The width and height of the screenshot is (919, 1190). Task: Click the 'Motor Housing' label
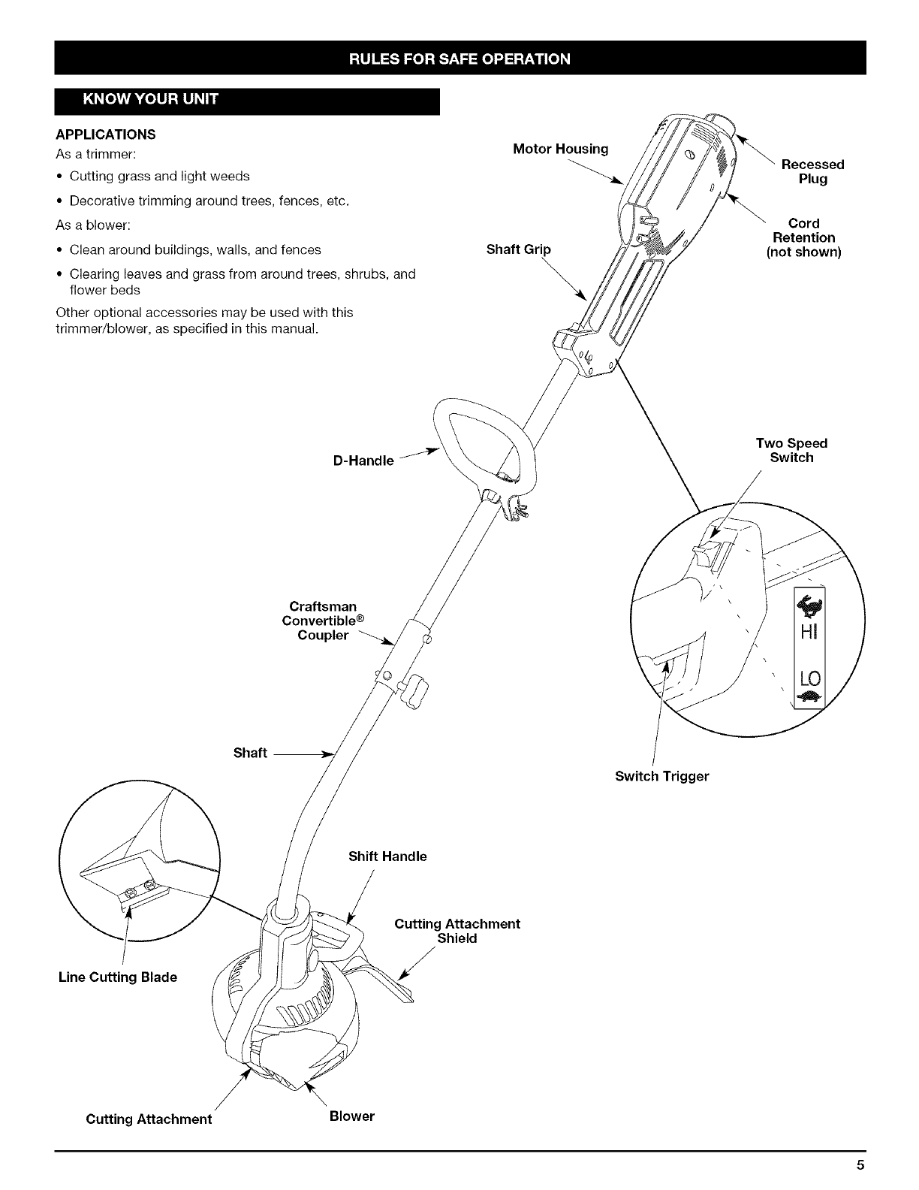click(x=560, y=149)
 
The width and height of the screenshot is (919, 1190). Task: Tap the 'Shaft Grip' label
click(x=518, y=249)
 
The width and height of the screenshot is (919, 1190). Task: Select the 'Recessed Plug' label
click(x=812, y=172)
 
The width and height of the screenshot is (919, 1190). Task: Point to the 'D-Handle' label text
click(x=363, y=461)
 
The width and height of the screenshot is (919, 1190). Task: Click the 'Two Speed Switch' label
click(x=791, y=451)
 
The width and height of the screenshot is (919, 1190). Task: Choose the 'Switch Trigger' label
click(x=661, y=776)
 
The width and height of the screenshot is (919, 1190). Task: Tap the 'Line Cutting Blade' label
click(x=118, y=977)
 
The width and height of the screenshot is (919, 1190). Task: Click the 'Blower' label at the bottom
click(x=352, y=1116)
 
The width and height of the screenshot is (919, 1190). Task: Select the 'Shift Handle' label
click(x=387, y=856)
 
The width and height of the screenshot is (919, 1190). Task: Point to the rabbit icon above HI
click(x=809, y=607)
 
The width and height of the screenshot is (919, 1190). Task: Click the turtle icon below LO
click(x=810, y=697)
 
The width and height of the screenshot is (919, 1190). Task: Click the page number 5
click(x=860, y=1167)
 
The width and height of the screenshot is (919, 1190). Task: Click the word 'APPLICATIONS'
click(x=106, y=134)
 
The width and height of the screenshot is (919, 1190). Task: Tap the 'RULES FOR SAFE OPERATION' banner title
click(x=459, y=59)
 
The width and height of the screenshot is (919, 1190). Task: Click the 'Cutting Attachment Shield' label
click(x=457, y=932)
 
